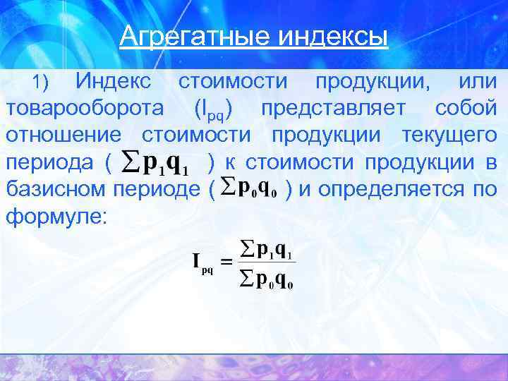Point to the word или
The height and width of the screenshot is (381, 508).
pyautogui.click(x=477, y=82)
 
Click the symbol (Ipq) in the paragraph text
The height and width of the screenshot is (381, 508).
pyautogui.click(x=214, y=110)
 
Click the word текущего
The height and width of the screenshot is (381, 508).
pyautogui.click(x=449, y=135)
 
